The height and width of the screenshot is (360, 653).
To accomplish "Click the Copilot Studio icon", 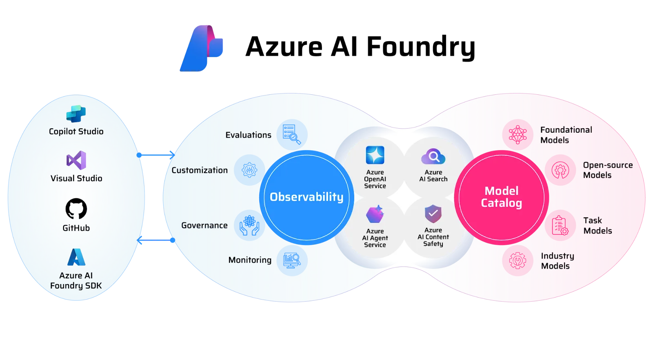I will coord(76,113).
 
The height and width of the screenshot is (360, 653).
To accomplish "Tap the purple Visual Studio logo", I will coord(76,160).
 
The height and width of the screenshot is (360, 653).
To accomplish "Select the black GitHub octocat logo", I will coord(76,209).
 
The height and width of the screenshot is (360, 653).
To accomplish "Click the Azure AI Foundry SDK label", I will coord(76,280).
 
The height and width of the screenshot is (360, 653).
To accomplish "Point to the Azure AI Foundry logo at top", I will coord(202,48).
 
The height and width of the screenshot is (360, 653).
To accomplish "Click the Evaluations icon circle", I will coord(292,134).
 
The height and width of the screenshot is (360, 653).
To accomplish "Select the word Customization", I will coord(200,170).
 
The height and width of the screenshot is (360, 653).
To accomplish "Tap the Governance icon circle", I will coord(249,225).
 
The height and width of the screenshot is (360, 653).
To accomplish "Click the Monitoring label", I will coord(250,260).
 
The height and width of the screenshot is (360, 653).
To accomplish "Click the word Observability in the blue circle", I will coord(307,197).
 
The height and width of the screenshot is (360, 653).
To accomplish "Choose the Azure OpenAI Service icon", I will coord(375,155).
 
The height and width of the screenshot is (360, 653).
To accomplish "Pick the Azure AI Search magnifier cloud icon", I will coord(433,156).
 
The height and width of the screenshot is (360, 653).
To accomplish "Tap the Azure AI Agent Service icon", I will coord(375,214).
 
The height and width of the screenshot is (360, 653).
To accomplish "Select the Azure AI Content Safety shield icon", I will coord(433,213).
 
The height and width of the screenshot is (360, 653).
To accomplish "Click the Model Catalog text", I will coord(502,197).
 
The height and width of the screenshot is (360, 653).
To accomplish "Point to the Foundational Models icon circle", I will coord(518,134).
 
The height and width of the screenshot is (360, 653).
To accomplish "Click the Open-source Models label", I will coord(607,170).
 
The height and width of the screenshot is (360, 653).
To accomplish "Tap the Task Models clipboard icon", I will coord(560,225).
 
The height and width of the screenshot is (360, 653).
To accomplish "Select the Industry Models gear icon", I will coord(518,260).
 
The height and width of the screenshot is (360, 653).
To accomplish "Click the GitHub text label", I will coord(76,228).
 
